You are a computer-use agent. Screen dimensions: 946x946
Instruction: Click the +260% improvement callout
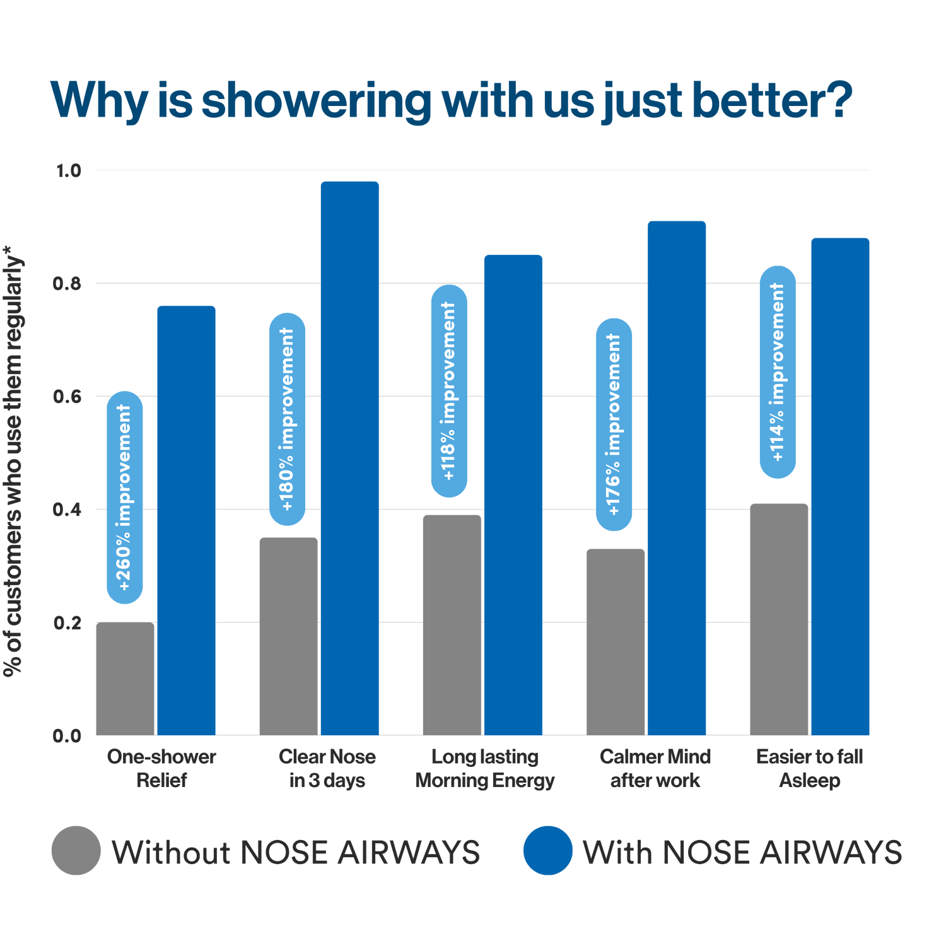tap(125, 498)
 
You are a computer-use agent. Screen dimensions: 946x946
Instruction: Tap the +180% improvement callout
tap(288, 419)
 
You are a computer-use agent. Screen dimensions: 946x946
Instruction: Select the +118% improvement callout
tap(449, 391)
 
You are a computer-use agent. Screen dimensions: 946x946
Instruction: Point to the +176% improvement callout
tap(614, 424)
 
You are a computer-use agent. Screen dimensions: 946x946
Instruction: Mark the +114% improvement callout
tap(778, 372)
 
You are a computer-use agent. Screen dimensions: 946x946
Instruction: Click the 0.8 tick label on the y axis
tap(68, 284)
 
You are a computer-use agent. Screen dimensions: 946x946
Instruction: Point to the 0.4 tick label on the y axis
tap(68, 510)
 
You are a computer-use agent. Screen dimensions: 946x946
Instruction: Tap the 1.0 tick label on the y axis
tap(68, 170)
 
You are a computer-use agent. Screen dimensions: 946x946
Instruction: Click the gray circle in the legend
tap(76, 850)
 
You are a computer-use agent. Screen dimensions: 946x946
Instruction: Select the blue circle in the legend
tap(547, 850)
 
